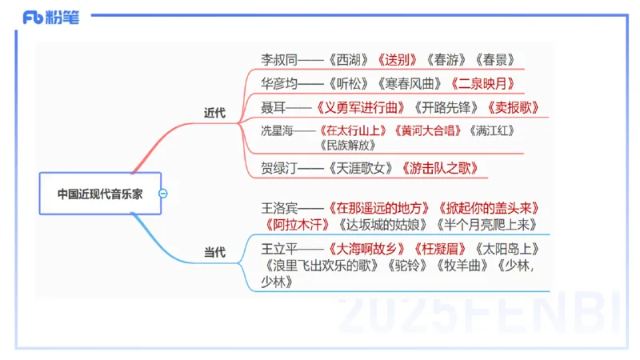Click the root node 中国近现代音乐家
pyautogui.click(x=99, y=193)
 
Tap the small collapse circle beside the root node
pyautogui.click(x=163, y=193)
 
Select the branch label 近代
pyautogui.click(x=214, y=113)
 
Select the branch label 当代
pyautogui.click(x=214, y=253)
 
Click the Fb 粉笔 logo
pyautogui.click(x=51, y=17)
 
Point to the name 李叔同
pyautogui.click(x=278, y=59)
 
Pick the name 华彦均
pyautogui.click(x=278, y=83)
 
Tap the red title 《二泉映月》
pyautogui.click(x=482, y=83)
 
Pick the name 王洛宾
pyautogui.click(x=278, y=208)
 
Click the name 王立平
pyautogui.click(x=278, y=248)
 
